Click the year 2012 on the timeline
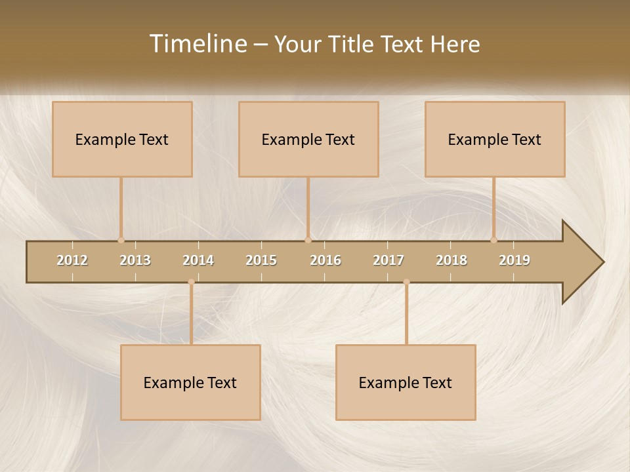click(72, 260)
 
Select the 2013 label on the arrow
click(135, 260)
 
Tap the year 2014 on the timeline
click(198, 260)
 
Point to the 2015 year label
click(261, 260)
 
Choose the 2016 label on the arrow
click(325, 260)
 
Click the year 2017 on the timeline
click(388, 260)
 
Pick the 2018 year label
click(451, 260)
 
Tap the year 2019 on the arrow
click(514, 260)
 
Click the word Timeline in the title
click(198, 44)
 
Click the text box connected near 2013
click(122, 139)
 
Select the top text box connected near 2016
click(308, 139)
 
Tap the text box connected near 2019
click(495, 139)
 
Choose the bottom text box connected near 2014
click(190, 382)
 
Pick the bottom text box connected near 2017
click(406, 382)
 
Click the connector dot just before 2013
click(121, 240)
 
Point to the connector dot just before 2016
click(308, 240)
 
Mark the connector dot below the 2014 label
click(191, 282)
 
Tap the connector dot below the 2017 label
click(406, 282)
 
